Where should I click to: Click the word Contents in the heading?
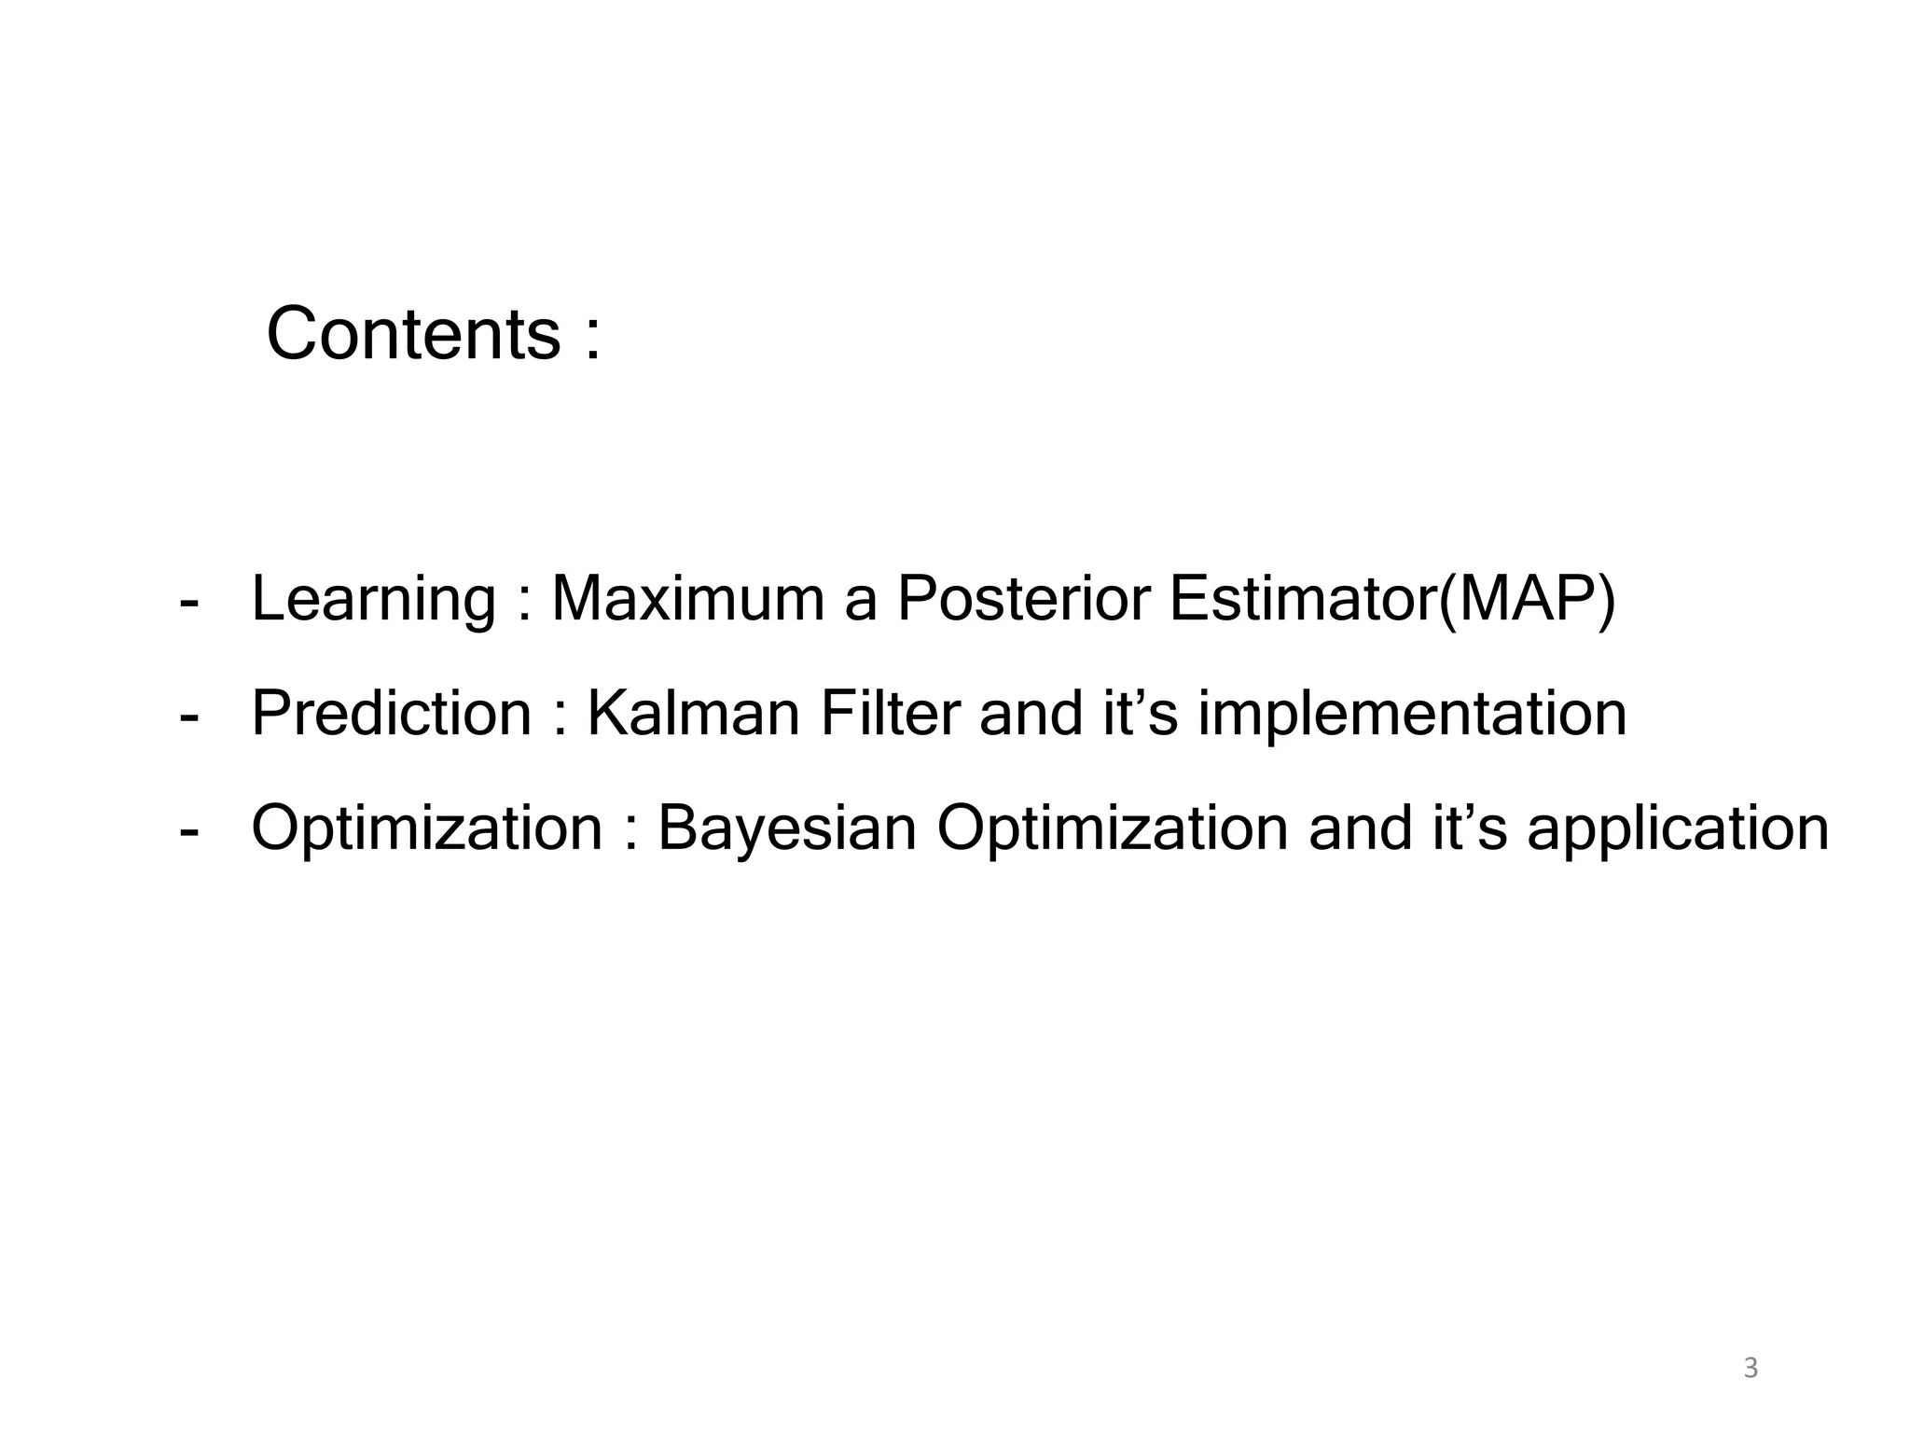[413, 334]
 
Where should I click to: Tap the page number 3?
[1751, 1370]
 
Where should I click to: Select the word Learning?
[373, 600]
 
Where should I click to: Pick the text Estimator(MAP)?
[1391, 600]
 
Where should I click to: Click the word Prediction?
[391, 714]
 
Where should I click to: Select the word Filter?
[889, 714]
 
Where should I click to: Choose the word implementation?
[1412, 716]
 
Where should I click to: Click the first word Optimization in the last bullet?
[427, 829]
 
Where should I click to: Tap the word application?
[1678, 829]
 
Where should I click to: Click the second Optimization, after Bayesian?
[1112, 829]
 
